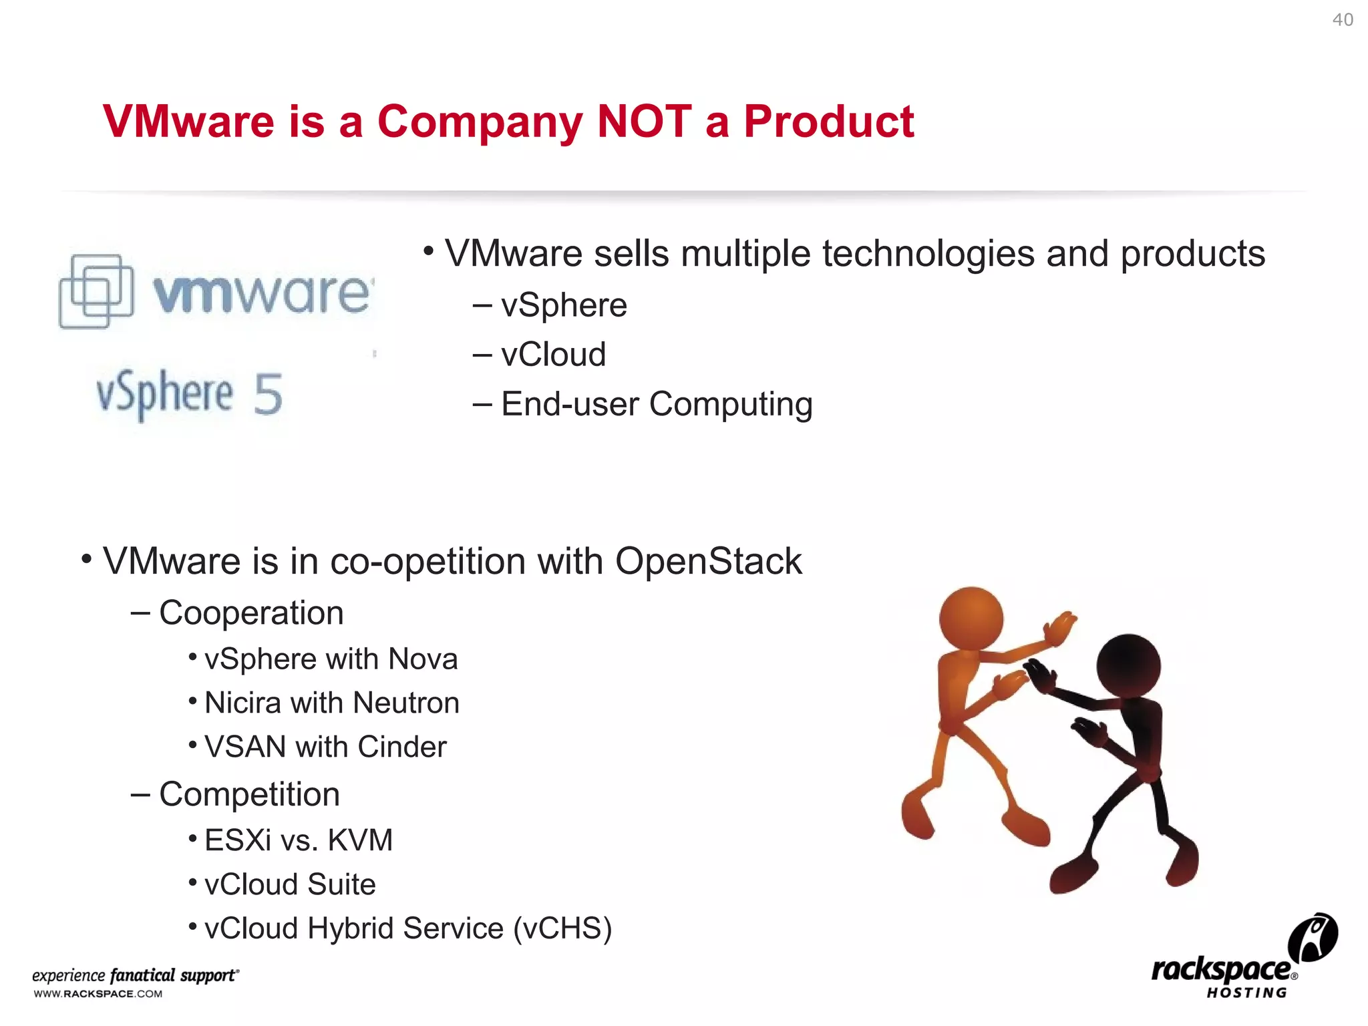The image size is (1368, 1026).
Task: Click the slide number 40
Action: pyautogui.click(x=1343, y=20)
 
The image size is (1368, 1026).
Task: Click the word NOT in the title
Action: pyautogui.click(x=644, y=122)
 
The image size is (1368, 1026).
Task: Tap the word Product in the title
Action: pyautogui.click(x=828, y=122)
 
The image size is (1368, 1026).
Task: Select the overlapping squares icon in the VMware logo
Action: pyautogui.click(x=96, y=291)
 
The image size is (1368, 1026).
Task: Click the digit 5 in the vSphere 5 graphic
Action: pyautogui.click(x=268, y=394)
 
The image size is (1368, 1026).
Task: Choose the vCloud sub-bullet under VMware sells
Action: pyautogui.click(x=553, y=354)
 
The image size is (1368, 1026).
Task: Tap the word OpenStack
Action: pyautogui.click(x=708, y=561)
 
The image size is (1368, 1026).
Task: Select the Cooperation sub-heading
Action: pyautogui.click(x=251, y=613)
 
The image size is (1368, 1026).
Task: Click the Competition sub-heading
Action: pyautogui.click(x=249, y=795)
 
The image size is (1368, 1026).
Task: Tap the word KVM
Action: pyautogui.click(x=360, y=840)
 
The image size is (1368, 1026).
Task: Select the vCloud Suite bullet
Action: pyautogui.click(x=290, y=884)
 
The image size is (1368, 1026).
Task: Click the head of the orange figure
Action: pyautogui.click(x=971, y=618)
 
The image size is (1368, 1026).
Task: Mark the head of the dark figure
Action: pyautogui.click(x=1128, y=666)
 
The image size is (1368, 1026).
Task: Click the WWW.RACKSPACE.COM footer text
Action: pyautogui.click(x=98, y=994)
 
